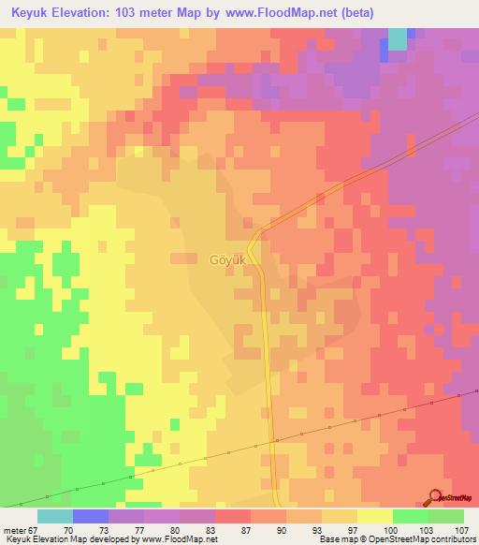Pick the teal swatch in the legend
54,516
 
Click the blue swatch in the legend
90,516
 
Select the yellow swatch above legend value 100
374,516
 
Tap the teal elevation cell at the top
398,37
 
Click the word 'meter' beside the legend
16,529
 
